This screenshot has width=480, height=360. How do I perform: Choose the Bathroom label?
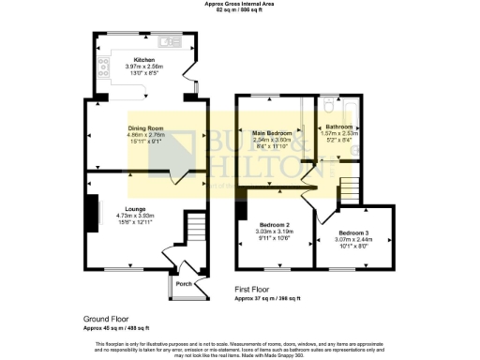click(339, 127)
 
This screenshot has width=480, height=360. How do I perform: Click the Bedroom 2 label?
click(274, 226)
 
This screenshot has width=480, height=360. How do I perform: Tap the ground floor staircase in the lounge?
click(194, 228)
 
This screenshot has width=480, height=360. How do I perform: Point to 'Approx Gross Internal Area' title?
click(240, 4)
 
